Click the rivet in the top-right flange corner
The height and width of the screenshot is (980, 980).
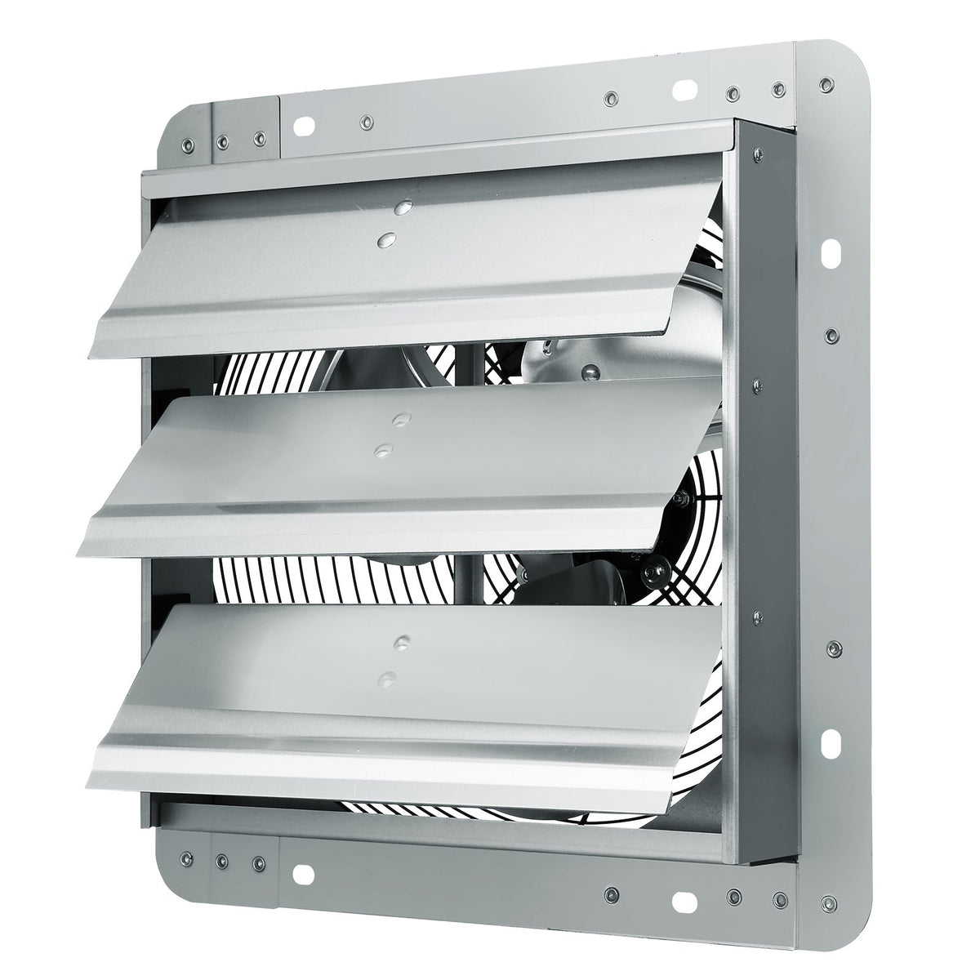coord(825,84)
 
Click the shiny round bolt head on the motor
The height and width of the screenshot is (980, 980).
coord(585,374)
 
